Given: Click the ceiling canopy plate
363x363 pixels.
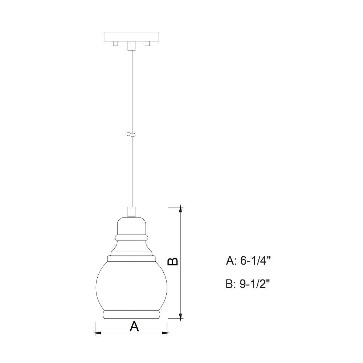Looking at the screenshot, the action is pyautogui.click(x=131, y=37).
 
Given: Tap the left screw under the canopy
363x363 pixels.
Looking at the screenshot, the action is pyautogui.click(x=115, y=44).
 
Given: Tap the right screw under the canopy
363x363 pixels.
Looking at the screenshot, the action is pyautogui.click(x=147, y=44).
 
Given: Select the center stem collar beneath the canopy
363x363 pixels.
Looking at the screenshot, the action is pyautogui.click(x=131, y=46).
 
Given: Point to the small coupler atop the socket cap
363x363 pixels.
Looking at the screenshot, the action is pyautogui.click(x=131, y=212).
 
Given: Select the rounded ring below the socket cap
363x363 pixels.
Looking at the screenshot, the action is pyautogui.click(x=131, y=238).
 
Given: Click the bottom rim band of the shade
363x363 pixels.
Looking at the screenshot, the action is pyautogui.click(x=131, y=315).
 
